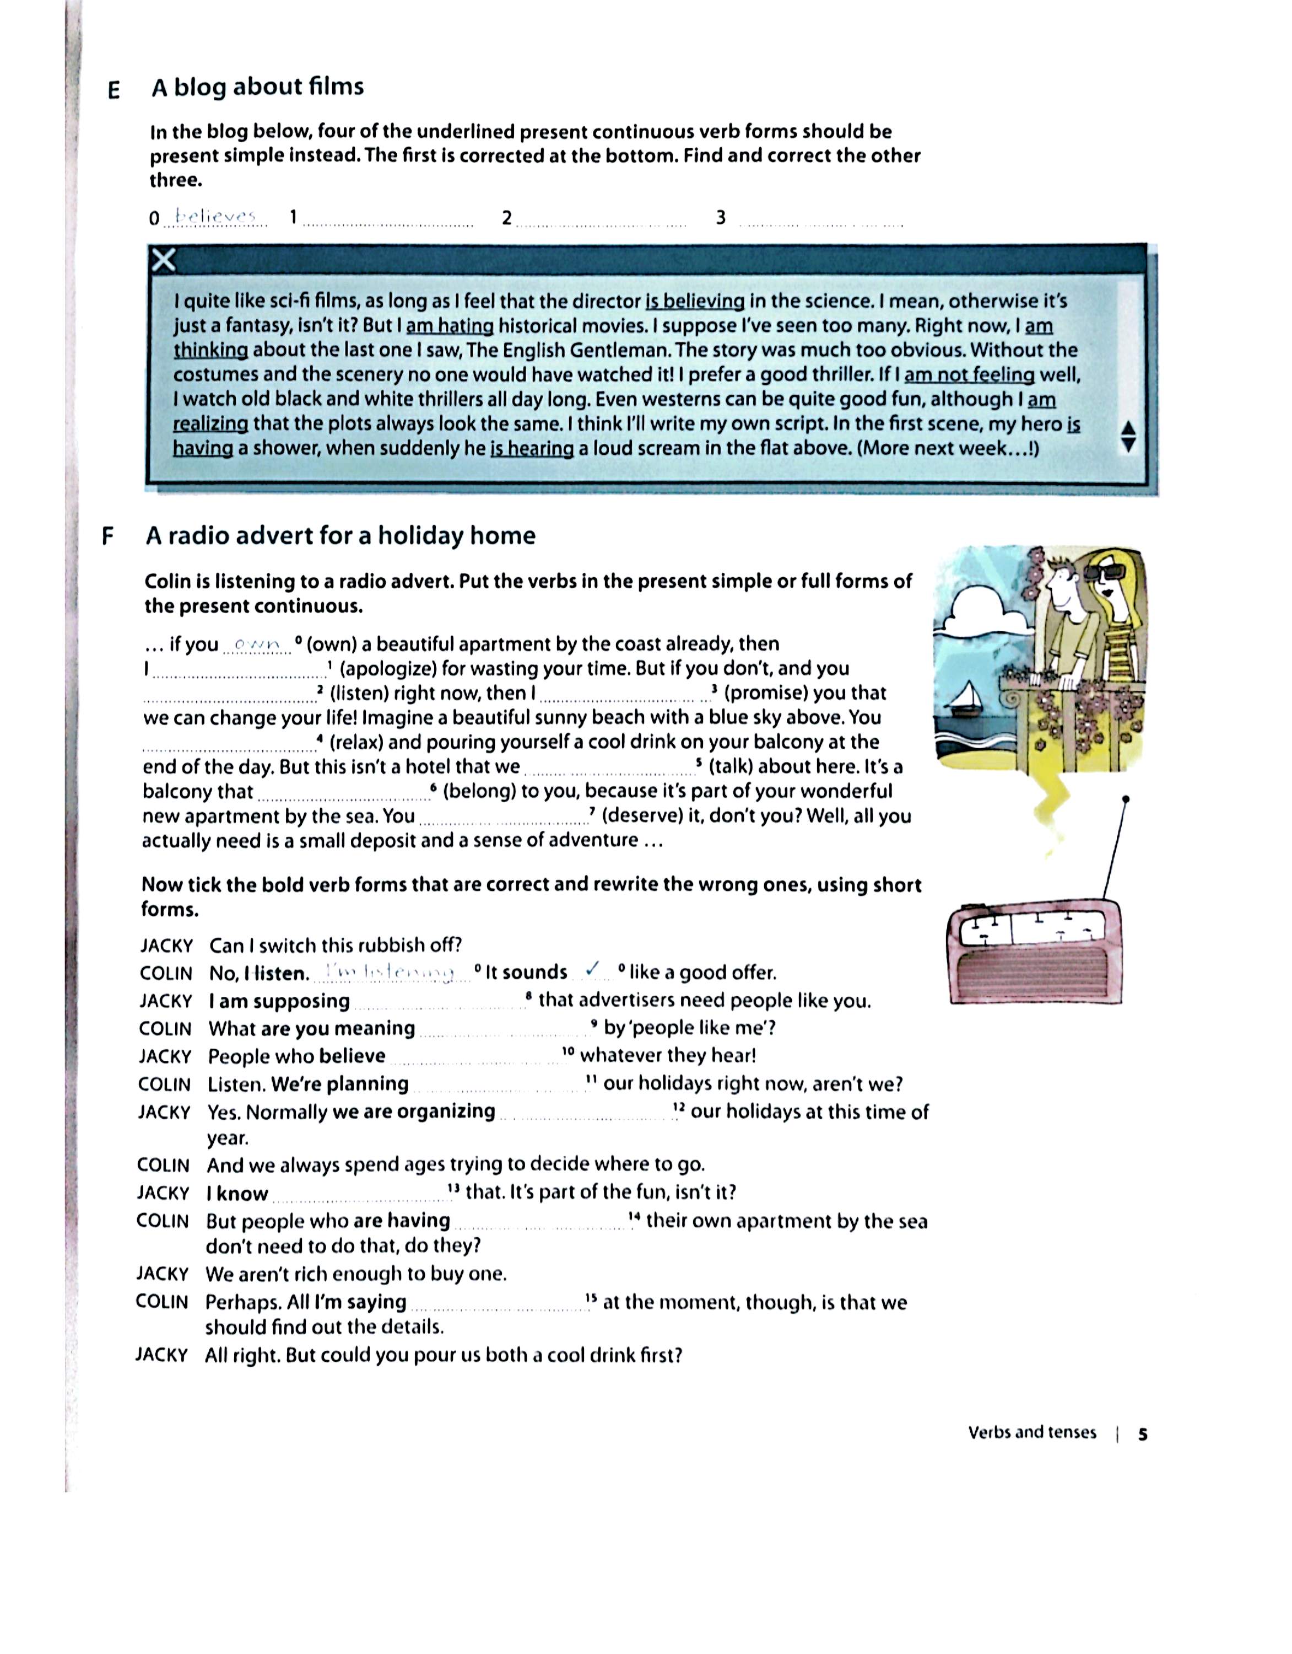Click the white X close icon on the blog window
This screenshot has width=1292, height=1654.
tap(164, 261)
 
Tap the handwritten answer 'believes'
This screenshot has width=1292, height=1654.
tap(216, 217)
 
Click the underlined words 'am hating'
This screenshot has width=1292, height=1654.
tap(450, 326)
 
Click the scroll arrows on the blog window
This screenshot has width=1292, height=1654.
tap(1128, 437)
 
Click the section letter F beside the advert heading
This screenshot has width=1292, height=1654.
tap(107, 536)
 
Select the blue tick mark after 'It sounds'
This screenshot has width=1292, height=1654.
tap(594, 969)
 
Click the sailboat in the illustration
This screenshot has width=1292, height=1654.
tap(966, 697)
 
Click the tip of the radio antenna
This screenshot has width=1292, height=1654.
tap(1126, 799)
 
